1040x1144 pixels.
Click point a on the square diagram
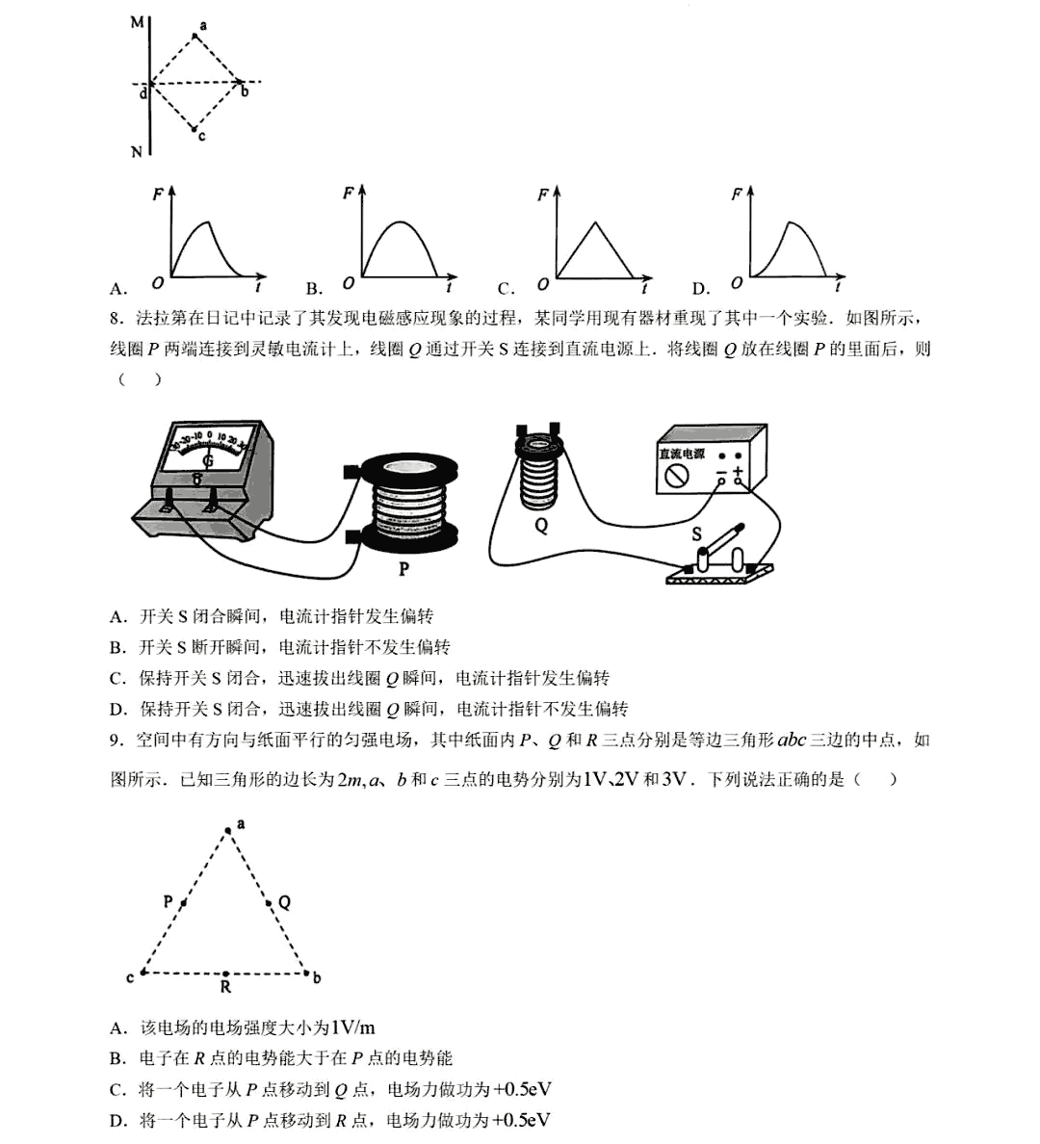pos(195,37)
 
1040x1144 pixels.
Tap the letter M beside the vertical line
pos(137,22)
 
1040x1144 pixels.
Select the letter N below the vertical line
pos(137,152)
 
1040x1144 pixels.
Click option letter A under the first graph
pos(117,288)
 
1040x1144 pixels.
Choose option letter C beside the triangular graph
pos(505,288)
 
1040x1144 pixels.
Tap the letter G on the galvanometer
pos(207,461)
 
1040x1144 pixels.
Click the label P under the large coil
pos(403,569)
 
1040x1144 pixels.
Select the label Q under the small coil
pos(541,526)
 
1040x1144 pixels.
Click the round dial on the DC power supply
pos(677,476)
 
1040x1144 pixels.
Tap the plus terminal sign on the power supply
pos(739,471)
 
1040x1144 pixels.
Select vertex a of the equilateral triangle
pos(228,829)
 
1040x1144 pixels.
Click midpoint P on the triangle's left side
pos(183,903)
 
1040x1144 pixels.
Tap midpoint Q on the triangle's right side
pos(270,903)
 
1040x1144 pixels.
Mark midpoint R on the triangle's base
pos(225,974)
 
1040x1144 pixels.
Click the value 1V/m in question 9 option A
pos(352,1027)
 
